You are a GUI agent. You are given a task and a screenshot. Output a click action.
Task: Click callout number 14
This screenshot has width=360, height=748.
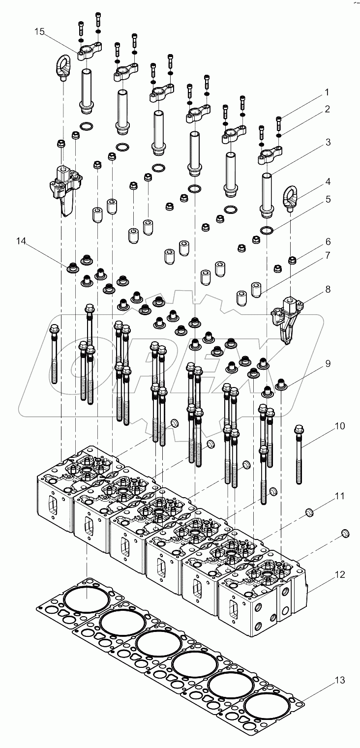[21, 241]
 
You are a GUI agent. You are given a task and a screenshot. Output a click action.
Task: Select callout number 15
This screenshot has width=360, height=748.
[39, 32]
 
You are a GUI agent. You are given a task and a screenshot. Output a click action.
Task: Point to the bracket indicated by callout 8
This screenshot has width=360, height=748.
[287, 315]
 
